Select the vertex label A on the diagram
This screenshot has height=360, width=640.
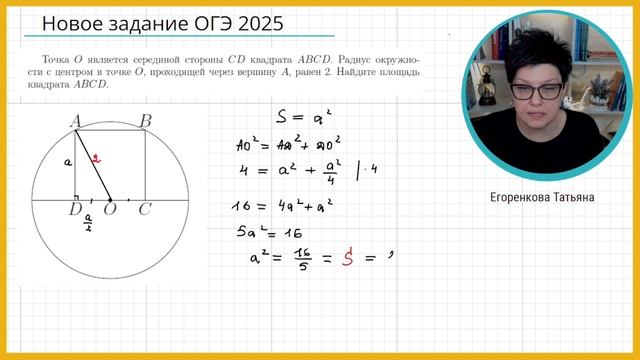(76, 121)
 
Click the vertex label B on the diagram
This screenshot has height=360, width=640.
(145, 121)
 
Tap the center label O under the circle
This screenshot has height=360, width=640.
(110, 209)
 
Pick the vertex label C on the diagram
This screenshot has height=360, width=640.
(145, 209)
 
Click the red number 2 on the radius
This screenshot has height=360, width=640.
(95, 157)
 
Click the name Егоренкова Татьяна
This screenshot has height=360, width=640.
(544, 198)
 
